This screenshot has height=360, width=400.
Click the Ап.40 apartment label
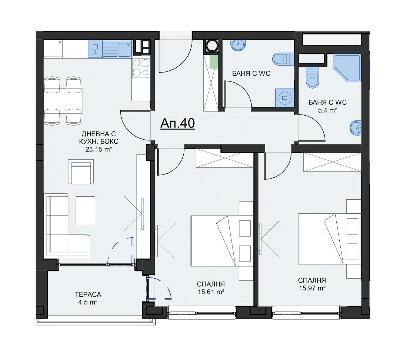point(177,124)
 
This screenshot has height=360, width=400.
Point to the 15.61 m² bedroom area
point(211,292)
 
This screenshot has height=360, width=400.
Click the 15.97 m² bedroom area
point(312,288)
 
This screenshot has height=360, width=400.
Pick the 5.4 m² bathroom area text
point(327,110)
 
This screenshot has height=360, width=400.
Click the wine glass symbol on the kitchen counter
point(96,49)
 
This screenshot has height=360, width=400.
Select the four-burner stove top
point(141,68)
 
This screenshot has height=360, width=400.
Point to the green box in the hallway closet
point(214,62)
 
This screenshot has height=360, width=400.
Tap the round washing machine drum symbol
point(211,46)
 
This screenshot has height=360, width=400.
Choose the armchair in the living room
point(81,171)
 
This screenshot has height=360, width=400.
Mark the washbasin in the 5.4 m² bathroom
point(356,128)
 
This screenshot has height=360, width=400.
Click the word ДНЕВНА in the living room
point(99,134)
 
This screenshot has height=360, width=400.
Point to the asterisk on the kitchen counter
point(60,42)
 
